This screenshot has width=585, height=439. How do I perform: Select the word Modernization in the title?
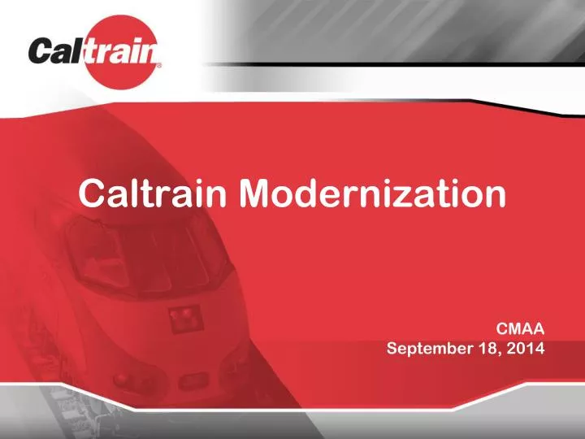pyautogui.click(x=370, y=193)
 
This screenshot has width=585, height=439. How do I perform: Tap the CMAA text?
pyautogui.click(x=520, y=328)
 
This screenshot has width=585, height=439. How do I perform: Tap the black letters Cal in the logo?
pyautogui.click(x=59, y=53)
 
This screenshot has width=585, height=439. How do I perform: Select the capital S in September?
pyautogui.click(x=392, y=349)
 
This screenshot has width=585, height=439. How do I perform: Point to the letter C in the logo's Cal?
pyautogui.click(x=42, y=53)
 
